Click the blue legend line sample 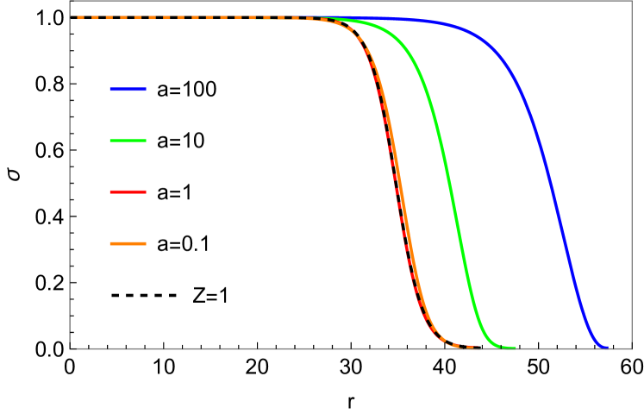128,89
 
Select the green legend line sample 128,141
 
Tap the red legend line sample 128,191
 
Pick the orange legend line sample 128,243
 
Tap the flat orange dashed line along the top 172,17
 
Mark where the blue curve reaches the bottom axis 605,347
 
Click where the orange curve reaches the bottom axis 470,347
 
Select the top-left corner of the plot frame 71,1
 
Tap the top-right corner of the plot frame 631,1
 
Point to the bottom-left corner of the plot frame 71,348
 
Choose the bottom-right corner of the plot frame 631,348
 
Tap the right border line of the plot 631,172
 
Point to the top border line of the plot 345,1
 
